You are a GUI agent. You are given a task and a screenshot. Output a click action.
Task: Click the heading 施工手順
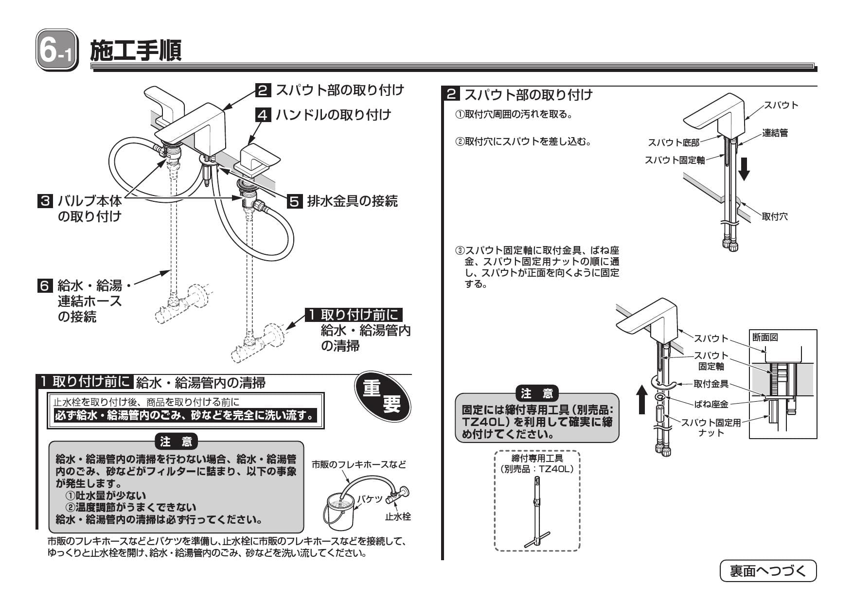(136, 51)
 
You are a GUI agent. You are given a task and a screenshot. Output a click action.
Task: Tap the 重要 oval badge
(382, 397)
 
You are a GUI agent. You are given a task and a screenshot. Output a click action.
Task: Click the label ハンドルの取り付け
(333, 115)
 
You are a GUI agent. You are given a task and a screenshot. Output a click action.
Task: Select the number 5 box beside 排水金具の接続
(294, 201)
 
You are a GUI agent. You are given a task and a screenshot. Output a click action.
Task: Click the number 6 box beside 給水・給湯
(45, 285)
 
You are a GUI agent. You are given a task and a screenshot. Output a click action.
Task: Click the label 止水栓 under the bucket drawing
(398, 517)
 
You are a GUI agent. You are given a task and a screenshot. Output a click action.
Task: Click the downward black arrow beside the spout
(744, 169)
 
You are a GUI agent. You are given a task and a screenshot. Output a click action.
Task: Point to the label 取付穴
(774, 217)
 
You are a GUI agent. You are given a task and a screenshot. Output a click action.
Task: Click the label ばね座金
(711, 404)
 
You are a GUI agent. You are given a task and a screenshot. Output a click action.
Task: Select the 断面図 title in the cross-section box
(765, 337)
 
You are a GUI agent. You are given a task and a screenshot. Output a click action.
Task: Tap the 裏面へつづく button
(768, 571)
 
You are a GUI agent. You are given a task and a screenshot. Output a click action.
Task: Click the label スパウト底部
(673, 142)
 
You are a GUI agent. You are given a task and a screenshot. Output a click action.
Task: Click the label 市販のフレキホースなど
(358, 464)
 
